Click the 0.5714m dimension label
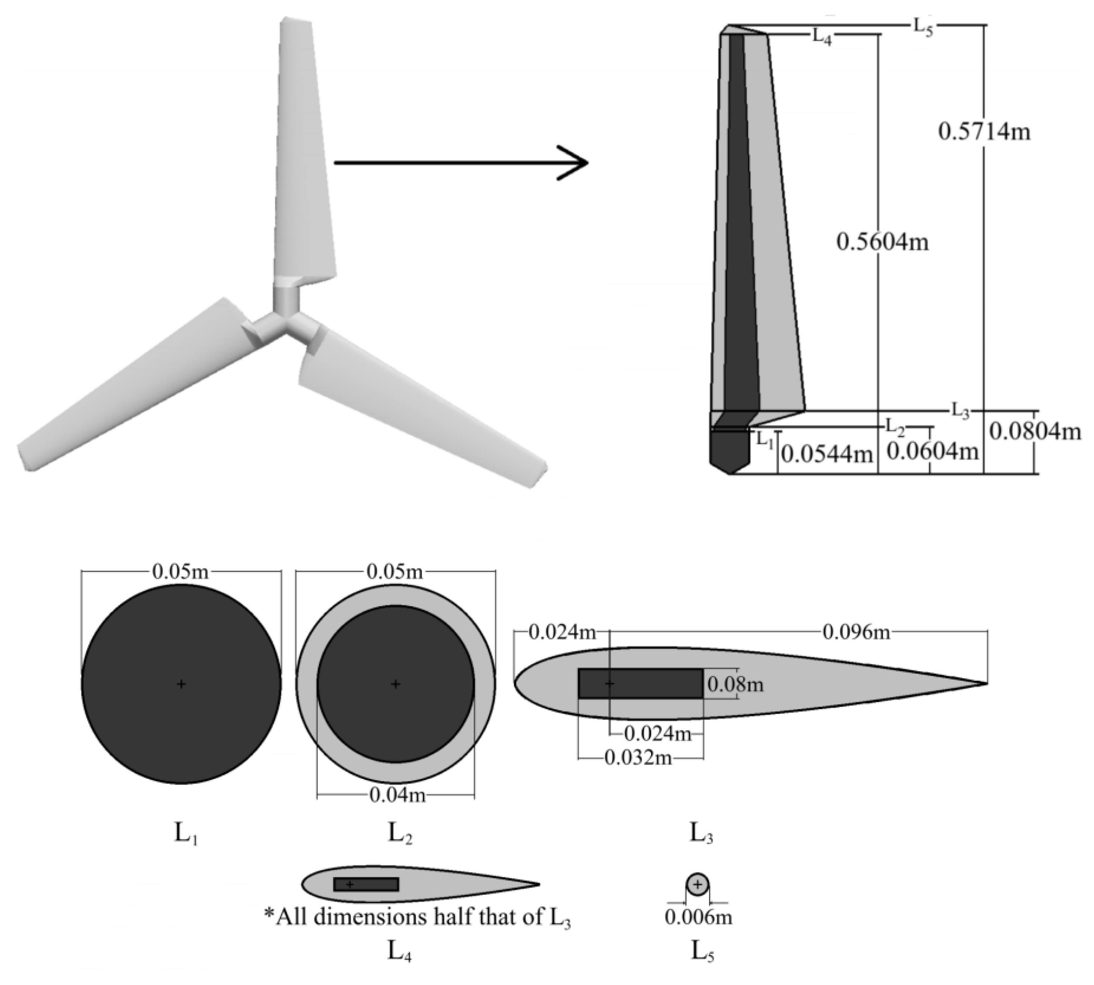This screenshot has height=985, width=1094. pyautogui.click(x=983, y=132)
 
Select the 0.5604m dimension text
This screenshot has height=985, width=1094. pyautogui.click(x=882, y=242)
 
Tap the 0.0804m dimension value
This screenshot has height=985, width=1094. pyautogui.click(x=1035, y=431)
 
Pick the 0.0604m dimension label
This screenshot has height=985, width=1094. pyautogui.click(x=932, y=450)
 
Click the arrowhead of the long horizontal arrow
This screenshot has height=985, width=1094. pyautogui.click(x=579, y=162)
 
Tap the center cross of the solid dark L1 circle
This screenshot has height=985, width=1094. pyautogui.click(x=181, y=684)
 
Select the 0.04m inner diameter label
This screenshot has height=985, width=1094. pyautogui.click(x=397, y=795)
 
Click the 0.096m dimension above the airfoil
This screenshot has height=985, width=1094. pyautogui.click(x=856, y=631)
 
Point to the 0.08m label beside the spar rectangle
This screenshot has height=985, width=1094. pyautogui.click(x=735, y=685)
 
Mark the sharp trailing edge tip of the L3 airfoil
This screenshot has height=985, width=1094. pyautogui.click(x=986, y=683)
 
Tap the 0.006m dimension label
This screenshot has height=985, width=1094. pyautogui.click(x=698, y=917)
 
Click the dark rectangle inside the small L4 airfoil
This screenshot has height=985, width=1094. pyautogui.click(x=366, y=884)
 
